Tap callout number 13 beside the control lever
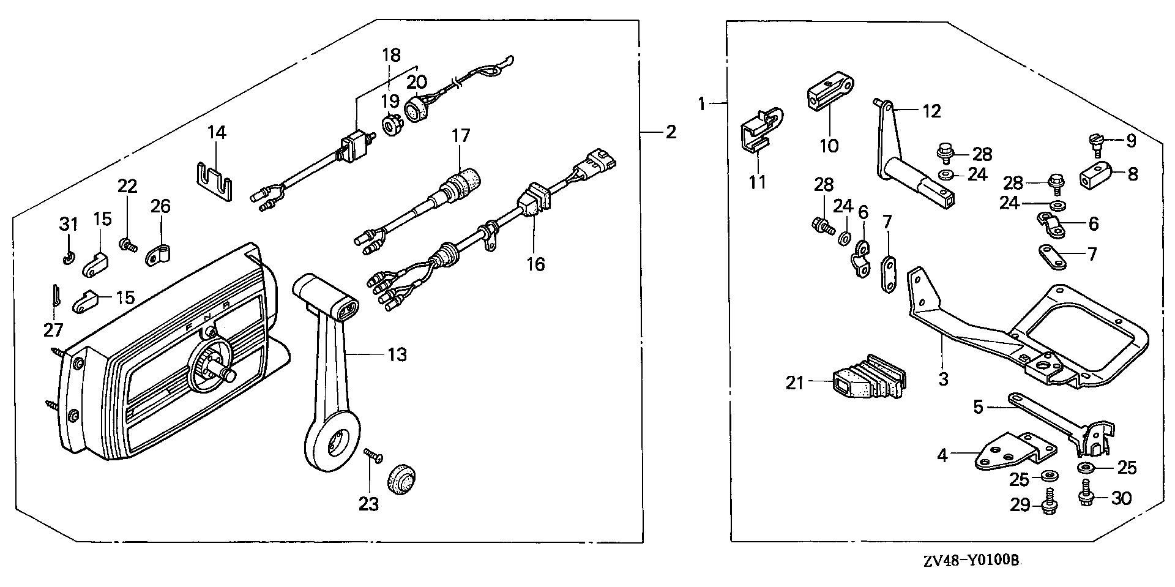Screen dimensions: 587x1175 coord(397,354)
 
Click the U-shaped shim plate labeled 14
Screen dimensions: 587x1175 coord(214,181)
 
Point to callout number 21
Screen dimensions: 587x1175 coord(795,383)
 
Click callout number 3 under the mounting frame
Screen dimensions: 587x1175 coord(943,379)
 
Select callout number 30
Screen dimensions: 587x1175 coord(1121,499)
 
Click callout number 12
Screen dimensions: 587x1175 coord(931,111)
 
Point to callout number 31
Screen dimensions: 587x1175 coord(69,225)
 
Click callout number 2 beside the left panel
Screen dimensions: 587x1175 coord(671,132)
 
